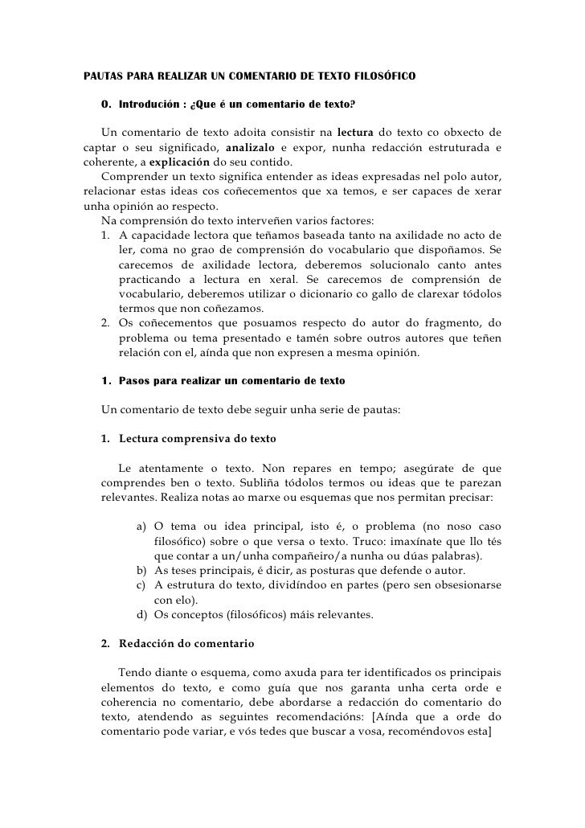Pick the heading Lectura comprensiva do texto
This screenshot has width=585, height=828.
197,439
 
